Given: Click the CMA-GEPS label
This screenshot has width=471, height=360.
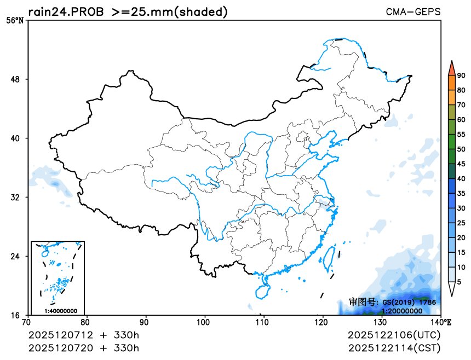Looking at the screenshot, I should (x=413, y=11).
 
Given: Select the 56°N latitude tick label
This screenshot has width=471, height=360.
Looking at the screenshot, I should (x=15, y=21).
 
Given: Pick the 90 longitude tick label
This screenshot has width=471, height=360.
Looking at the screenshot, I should (x=146, y=322).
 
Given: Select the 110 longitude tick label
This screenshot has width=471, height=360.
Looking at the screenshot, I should (x=263, y=322).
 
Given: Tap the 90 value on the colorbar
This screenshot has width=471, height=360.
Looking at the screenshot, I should (x=461, y=76).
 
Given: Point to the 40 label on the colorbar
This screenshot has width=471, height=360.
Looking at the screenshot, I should (x=461, y=178).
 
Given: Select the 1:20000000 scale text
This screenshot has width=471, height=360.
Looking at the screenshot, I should (x=401, y=311).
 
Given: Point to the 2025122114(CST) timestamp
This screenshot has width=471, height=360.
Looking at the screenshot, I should (x=394, y=347).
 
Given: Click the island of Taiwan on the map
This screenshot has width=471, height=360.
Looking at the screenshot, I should (x=330, y=258).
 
